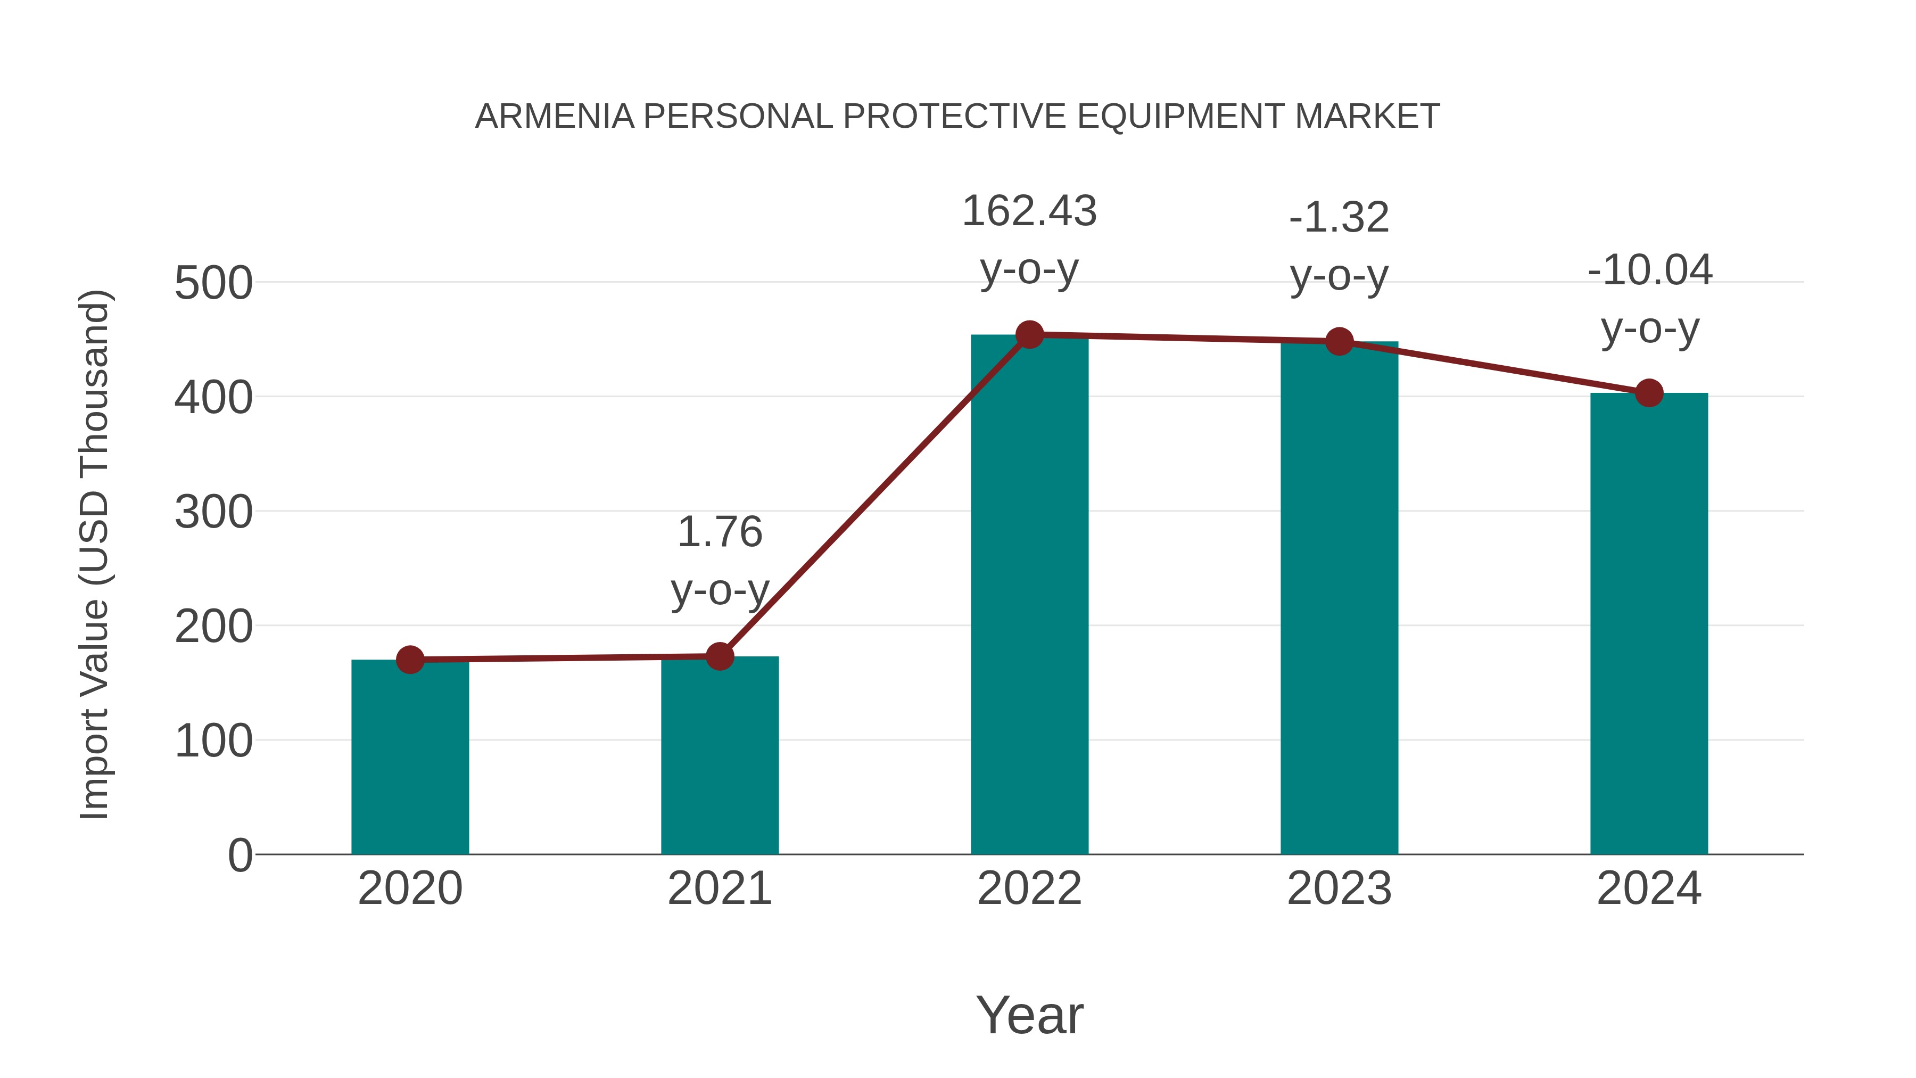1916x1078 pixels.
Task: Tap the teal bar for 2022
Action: click(x=1029, y=595)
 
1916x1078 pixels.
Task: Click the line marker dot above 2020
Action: click(x=410, y=660)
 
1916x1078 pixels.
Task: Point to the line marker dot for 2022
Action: click(x=1029, y=335)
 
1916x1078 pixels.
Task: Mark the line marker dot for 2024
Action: click(x=1649, y=393)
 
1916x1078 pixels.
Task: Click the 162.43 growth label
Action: click(x=1029, y=211)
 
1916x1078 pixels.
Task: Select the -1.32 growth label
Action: click(x=1339, y=218)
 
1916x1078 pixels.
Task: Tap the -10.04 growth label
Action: click(x=1649, y=270)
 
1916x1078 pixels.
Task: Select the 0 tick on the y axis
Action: click(x=240, y=855)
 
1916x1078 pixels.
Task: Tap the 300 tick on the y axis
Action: click(x=213, y=513)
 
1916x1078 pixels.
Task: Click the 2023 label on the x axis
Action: click(x=1339, y=888)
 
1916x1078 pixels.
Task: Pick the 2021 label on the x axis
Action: click(x=719, y=888)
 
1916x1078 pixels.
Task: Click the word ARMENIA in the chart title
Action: click(x=554, y=117)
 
